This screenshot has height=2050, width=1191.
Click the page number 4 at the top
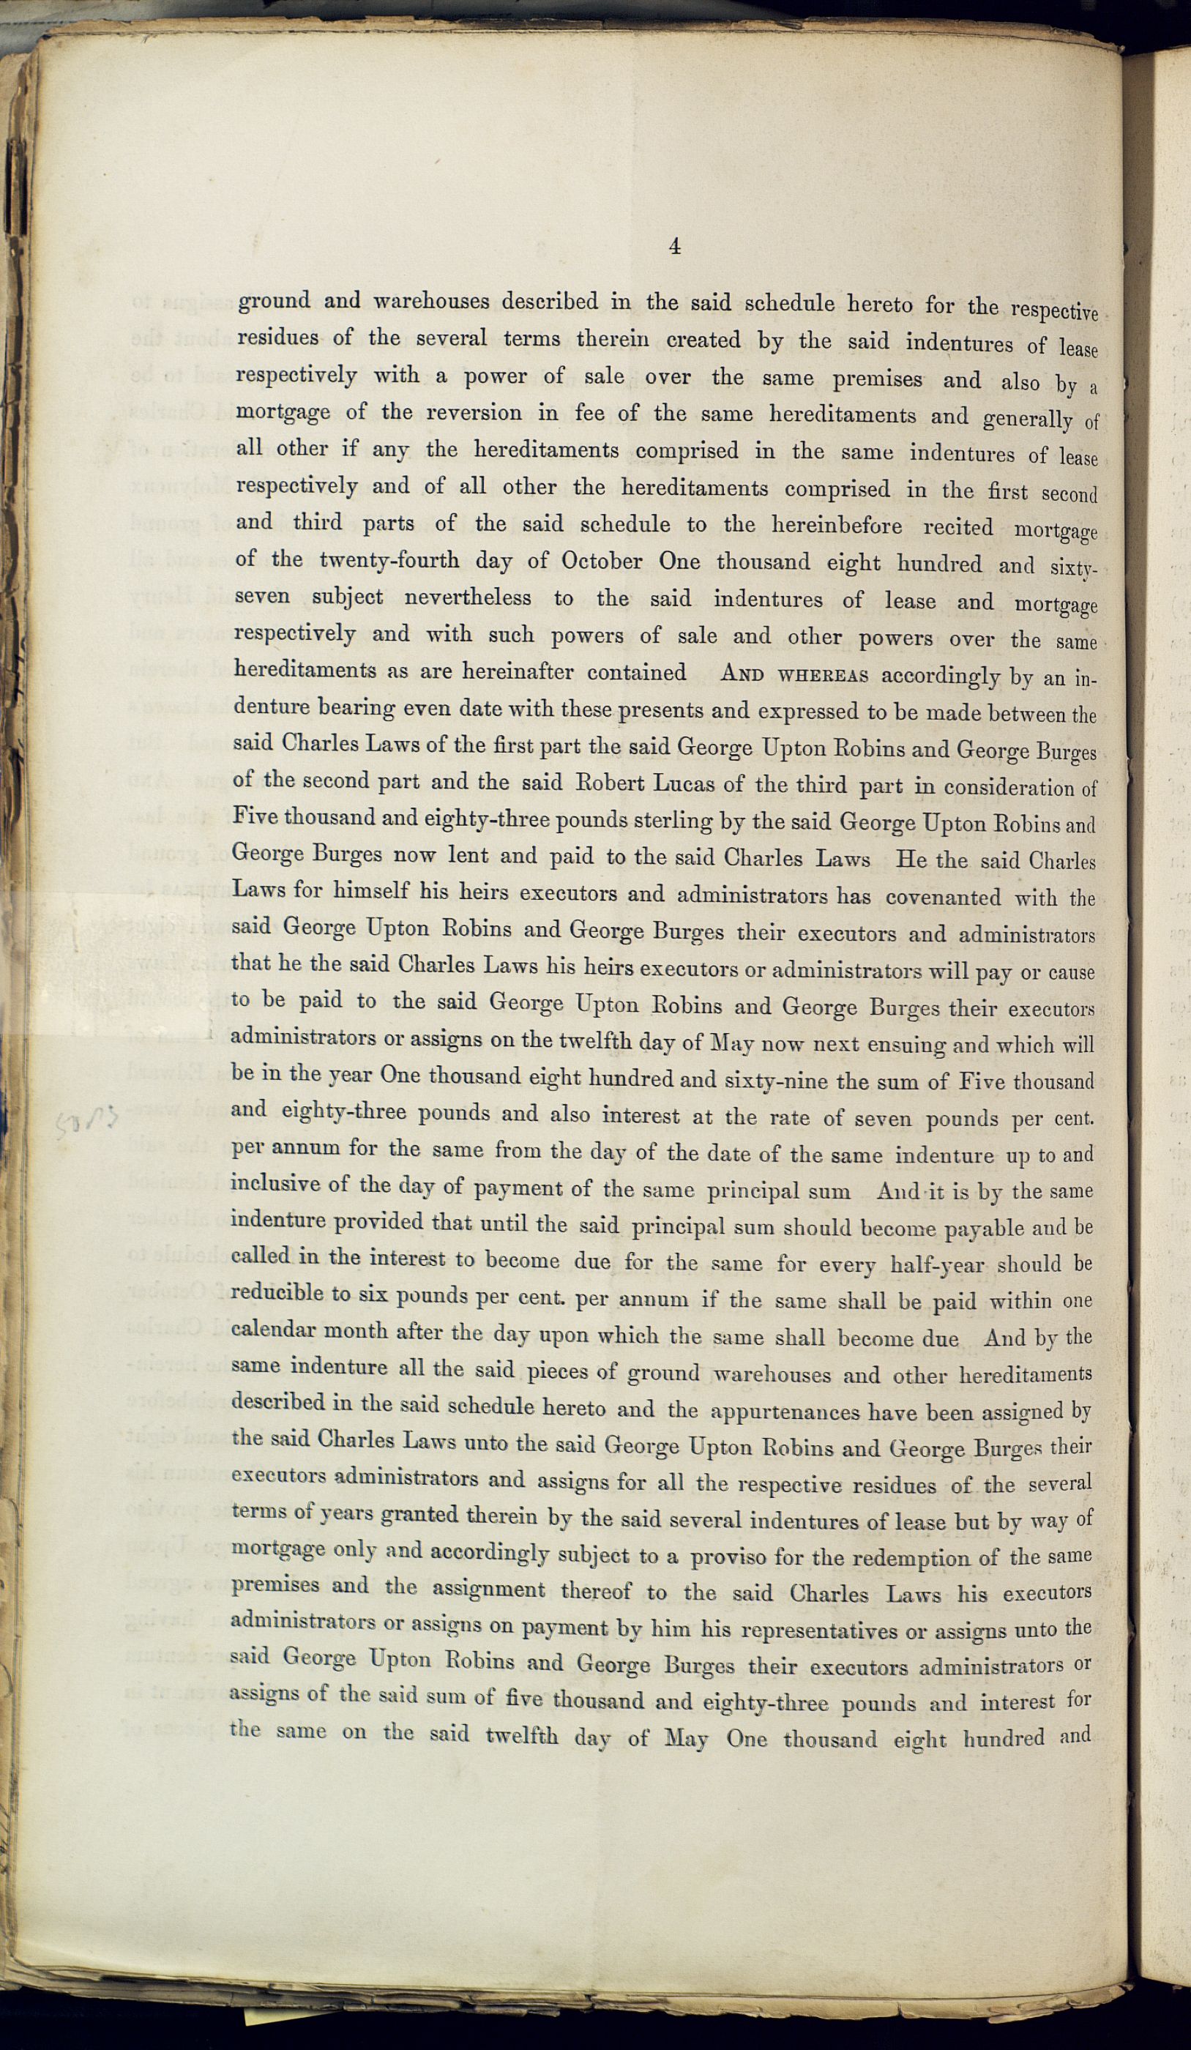[x=674, y=246]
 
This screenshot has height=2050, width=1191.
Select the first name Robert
[x=611, y=783]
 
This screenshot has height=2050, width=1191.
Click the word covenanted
[x=943, y=898]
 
